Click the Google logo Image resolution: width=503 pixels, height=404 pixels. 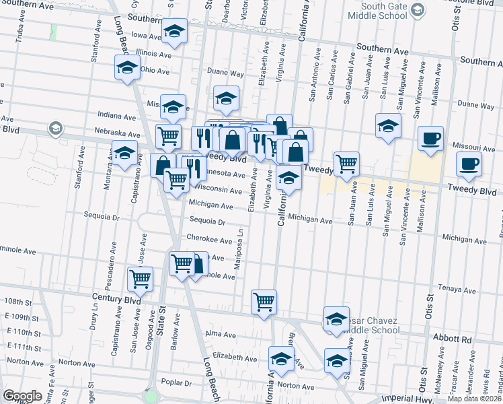pyautogui.click(x=22, y=396)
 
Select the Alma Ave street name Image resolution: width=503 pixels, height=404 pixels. pyautogui.click(x=221, y=334)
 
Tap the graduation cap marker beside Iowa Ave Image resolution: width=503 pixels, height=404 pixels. pyautogui.click(x=174, y=32)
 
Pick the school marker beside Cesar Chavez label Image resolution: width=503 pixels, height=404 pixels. pyautogui.click(x=337, y=321)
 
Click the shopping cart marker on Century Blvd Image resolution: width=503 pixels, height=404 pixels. pyautogui.click(x=264, y=300)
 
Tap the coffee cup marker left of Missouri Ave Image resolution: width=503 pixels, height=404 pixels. pyautogui.click(x=430, y=139)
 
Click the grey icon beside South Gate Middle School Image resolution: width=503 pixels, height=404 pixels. pyautogui.click(x=418, y=9)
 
